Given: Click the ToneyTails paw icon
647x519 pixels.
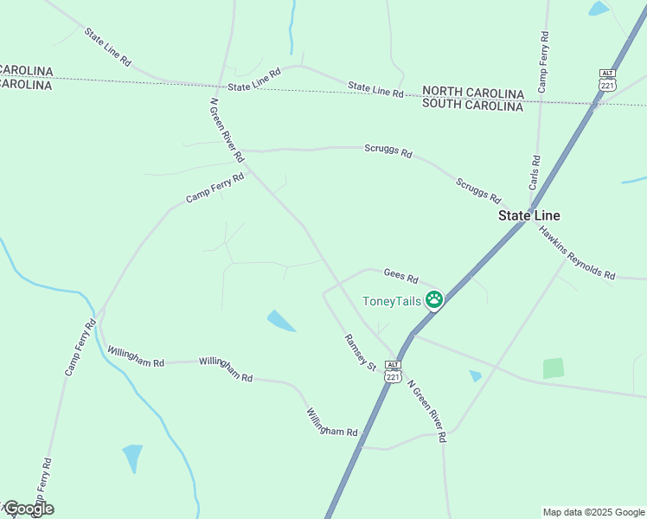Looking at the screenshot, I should (433, 300).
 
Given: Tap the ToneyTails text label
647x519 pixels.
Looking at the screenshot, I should (391, 301).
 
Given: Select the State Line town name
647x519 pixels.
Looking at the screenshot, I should (528, 215).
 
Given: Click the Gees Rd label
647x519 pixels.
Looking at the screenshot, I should (400, 277).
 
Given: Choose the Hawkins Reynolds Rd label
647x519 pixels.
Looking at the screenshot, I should (576, 253).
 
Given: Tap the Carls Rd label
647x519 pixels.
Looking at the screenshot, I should (535, 173).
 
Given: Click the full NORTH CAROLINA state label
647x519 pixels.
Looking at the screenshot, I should (472, 93).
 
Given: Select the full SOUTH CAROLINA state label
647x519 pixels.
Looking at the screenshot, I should (472, 106).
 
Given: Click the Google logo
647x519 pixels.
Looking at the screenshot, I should (28, 509).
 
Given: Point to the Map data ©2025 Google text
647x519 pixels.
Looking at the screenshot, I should (593, 512).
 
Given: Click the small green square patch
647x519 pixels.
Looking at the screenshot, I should (553, 368).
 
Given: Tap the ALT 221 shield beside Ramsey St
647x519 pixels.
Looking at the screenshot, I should (394, 373).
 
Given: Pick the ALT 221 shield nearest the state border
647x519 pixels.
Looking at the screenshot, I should (607, 80).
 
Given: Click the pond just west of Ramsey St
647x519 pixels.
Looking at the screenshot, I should (280, 321).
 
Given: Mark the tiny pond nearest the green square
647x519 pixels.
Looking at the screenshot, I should (475, 375).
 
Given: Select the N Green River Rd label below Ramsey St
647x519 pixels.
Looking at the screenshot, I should (426, 412).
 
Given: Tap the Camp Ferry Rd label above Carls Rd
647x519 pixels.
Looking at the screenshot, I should (543, 61).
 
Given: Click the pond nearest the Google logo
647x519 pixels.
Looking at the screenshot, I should (132, 456).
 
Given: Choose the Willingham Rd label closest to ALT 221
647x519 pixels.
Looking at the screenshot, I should (331, 420).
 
